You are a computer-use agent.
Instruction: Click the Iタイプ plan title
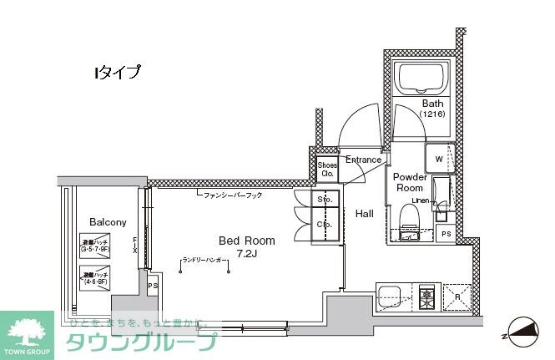[x=117, y=73]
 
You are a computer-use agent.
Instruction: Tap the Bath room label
[x=432, y=104]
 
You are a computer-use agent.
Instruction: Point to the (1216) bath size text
[x=432, y=114]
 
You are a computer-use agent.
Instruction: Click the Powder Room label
[x=410, y=182]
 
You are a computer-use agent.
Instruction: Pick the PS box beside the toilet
[x=447, y=234]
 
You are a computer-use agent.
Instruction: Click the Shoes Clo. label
[x=327, y=170]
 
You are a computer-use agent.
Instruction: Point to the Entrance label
[x=363, y=160]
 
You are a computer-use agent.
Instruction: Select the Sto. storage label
[x=325, y=200]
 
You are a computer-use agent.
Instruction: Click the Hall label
[x=365, y=214]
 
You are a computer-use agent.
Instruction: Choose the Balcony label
[x=108, y=222]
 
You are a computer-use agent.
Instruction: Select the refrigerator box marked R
[x=458, y=297]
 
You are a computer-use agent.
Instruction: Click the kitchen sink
[x=391, y=297]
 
